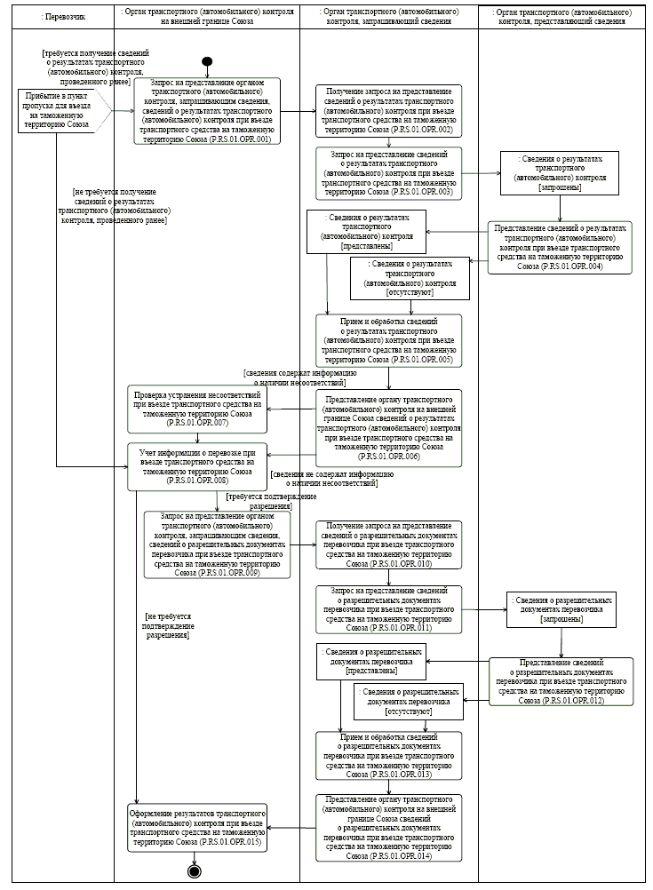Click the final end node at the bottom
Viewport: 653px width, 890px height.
[x=194, y=870]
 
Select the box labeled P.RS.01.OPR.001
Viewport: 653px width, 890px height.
[x=207, y=112]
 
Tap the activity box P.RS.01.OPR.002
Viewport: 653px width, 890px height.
[x=389, y=111]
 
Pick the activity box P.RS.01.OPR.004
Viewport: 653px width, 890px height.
[x=560, y=247]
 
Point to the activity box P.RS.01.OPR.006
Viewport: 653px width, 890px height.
[x=389, y=428]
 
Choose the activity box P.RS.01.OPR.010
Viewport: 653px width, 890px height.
[x=389, y=544]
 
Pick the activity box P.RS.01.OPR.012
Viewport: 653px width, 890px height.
[x=561, y=681]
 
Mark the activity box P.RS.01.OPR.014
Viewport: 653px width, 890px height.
[x=389, y=829]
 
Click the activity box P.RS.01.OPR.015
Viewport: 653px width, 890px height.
[x=199, y=828]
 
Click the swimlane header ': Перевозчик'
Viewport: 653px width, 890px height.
[x=58, y=17]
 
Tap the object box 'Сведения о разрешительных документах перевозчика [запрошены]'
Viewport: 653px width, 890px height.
[x=561, y=609]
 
